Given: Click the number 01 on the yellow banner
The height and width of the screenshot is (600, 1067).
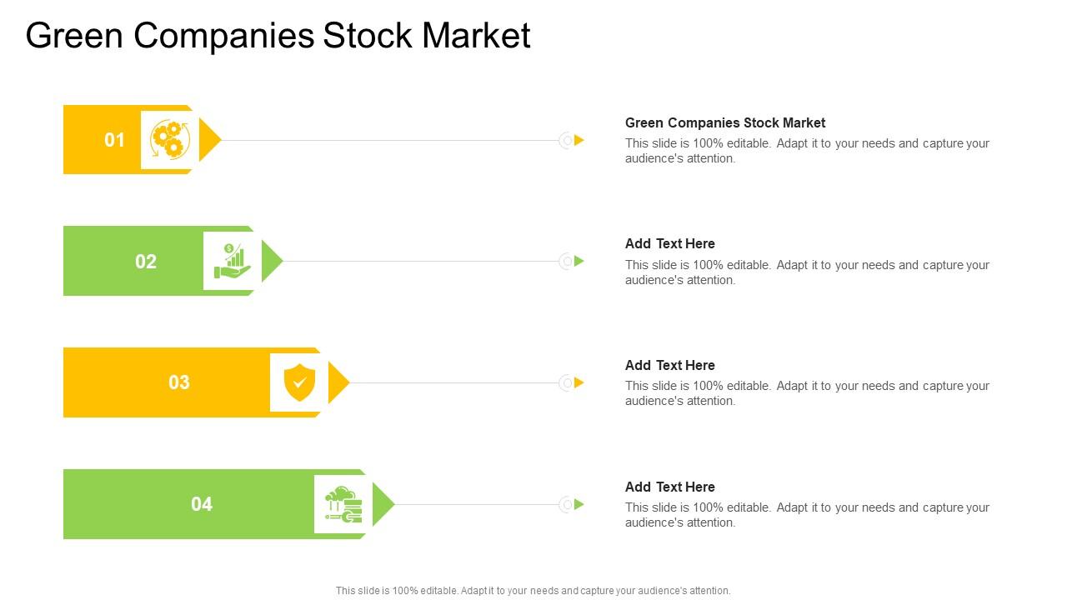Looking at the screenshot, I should pyautogui.click(x=114, y=140).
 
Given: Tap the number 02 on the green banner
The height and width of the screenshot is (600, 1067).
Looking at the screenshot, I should pyautogui.click(x=146, y=262).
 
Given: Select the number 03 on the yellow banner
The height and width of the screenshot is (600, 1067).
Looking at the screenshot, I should pyautogui.click(x=179, y=382).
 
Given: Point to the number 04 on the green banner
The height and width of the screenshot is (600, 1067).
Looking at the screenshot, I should pyautogui.click(x=202, y=504).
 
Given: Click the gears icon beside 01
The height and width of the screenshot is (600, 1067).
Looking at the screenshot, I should pyautogui.click(x=169, y=140).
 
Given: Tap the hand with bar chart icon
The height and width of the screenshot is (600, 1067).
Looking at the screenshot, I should pyautogui.click(x=232, y=262).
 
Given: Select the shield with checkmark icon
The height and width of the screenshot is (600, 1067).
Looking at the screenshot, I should pyautogui.click(x=299, y=382).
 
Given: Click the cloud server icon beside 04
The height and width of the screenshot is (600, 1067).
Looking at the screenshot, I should pyautogui.click(x=343, y=504).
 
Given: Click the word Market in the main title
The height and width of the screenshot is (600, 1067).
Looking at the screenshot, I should pyautogui.click(x=476, y=36).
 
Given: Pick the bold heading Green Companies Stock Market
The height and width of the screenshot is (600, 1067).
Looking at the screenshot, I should pyautogui.click(x=725, y=122).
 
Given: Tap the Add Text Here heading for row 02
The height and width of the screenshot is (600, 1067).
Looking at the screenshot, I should pyautogui.click(x=670, y=243).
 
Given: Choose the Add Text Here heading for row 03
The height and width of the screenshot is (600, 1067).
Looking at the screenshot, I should pyautogui.click(x=670, y=365).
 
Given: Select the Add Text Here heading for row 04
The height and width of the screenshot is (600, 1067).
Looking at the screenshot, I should pyautogui.click(x=670, y=487).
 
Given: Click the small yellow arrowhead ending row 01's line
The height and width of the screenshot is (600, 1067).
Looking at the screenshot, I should pyautogui.click(x=579, y=140).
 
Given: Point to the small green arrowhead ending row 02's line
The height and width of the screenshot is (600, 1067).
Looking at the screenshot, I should pyautogui.click(x=579, y=262).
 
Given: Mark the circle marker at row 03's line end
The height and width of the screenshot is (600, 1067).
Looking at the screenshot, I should pyautogui.click(x=567, y=382).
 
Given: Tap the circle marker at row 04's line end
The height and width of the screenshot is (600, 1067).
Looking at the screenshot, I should pyautogui.click(x=567, y=504).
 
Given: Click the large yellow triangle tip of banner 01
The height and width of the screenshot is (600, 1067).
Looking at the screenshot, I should pyautogui.click(x=208, y=140).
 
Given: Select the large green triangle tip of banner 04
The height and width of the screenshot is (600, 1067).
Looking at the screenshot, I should pyautogui.click(x=382, y=504).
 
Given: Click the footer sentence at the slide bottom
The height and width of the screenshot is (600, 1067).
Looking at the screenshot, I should pyautogui.click(x=533, y=591).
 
